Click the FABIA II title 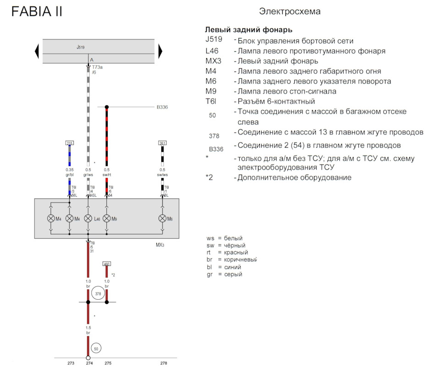point(37,11)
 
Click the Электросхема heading point(290,11)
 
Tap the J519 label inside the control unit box point(81,47)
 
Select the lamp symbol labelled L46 point(88,219)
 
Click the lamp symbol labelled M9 point(107,219)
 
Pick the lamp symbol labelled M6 point(162,219)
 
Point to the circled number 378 point(98,293)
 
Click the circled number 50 point(96,348)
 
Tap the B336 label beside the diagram point(162,107)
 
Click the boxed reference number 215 point(70,143)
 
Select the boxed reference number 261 point(162,143)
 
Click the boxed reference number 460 point(107,264)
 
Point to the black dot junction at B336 point(107,107)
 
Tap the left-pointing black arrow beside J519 point(37,51)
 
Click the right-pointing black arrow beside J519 point(160,51)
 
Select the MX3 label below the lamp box point(160,245)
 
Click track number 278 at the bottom point(164,363)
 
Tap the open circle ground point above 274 point(88,357)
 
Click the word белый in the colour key point(233,238)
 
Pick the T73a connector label point(97,67)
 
